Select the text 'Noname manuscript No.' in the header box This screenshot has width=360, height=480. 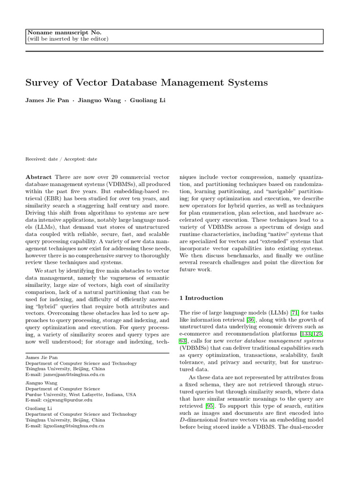click(64, 32)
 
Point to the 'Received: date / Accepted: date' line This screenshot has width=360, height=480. click(61, 159)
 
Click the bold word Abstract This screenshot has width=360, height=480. click(39, 177)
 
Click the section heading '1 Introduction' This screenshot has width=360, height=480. click(202, 298)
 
